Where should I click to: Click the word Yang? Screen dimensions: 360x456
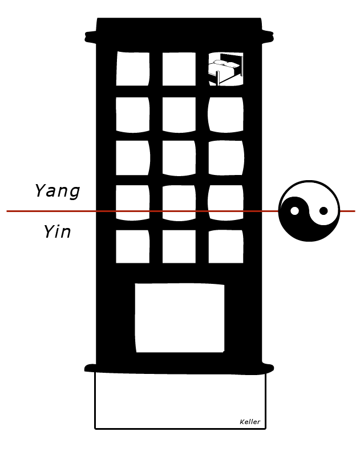tap(58, 192)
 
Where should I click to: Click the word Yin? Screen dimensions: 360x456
tap(57, 232)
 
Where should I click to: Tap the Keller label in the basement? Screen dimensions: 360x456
tap(250, 422)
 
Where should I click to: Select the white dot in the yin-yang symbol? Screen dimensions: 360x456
tap(294, 211)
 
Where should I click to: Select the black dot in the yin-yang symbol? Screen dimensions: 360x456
tap(323, 211)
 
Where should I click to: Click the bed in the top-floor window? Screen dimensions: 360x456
tap(226, 69)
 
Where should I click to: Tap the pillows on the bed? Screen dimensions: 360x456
tap(225, 64)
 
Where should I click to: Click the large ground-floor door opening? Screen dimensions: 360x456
tap(180, 318)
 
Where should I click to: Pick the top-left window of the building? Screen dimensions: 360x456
tap(133, 69)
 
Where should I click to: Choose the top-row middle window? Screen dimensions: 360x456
tap(179, 69)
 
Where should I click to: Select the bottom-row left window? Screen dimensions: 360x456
tap(133, 247)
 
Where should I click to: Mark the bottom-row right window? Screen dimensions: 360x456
tap(226, 247)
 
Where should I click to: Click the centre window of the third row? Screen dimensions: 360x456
tap(179, 158)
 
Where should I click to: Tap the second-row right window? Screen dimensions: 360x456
tap(225, 115)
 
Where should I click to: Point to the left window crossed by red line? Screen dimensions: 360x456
tap(133, 203)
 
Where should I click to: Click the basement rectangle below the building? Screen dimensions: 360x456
tap(180, 401)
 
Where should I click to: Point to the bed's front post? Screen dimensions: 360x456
tap(217, 78)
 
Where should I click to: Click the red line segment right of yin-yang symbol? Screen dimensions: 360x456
tap(347, 211)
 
